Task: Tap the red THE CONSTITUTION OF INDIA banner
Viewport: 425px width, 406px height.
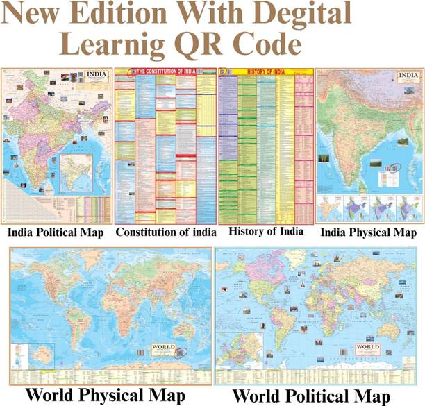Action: coord(165,71)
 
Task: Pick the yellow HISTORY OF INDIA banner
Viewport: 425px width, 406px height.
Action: coord(267,71)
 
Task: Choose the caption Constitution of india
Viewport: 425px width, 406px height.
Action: coord(166,231)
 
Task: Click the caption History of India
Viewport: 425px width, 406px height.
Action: coord(266,231)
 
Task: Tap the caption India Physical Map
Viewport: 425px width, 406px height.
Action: coord(369,232)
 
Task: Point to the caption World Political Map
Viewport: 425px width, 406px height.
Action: coord(319,396)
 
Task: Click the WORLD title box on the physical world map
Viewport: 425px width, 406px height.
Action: coord(160,350)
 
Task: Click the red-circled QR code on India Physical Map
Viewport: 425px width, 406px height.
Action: coord(397,167)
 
